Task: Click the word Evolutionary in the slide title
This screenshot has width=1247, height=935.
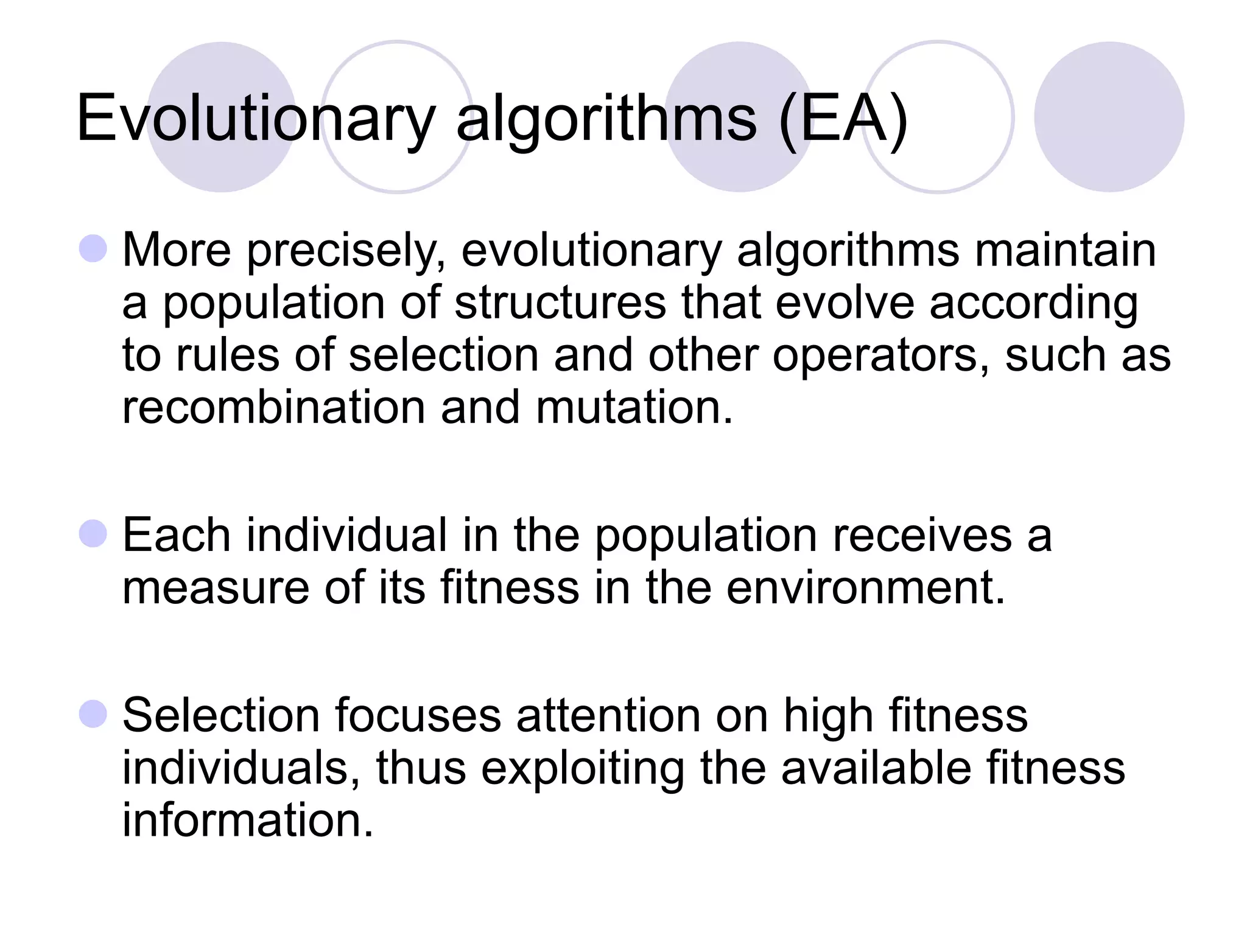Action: click(256, 119)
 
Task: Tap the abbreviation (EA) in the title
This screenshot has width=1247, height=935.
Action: click(844, 119)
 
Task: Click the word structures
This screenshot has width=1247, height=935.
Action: click(560, 303)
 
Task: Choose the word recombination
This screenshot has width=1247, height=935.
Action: click(273, 407)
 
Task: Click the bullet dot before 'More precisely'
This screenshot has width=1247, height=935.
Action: click(93, 249)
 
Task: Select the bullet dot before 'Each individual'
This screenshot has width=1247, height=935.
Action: click(93, 534)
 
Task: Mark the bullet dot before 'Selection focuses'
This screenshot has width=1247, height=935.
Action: click(93, 713)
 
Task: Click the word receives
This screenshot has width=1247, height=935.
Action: click(922, 536)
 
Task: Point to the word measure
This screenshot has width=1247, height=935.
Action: click(216, 588)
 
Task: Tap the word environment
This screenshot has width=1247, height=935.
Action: click(865, 588)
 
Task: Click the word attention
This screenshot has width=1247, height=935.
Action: click(608, 715)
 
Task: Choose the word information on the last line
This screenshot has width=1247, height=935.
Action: click(247, 821)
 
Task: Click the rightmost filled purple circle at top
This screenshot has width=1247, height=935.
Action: click(1109, 117)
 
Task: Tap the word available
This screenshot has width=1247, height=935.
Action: click(876, 768)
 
